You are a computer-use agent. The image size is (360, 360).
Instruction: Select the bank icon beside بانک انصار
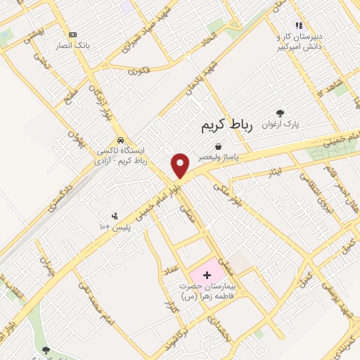pyautogui.click(x=72, y=34)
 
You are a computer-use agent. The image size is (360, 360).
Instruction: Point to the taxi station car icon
pyautogui.click(x=122, y=139)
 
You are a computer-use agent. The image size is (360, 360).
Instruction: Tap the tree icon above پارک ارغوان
pyautogui.click(x=281, y=112)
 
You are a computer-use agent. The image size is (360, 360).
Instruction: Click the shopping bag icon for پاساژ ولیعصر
pyautogui.click(x=218, y=147)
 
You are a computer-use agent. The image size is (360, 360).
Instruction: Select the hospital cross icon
pyautogui.click(x=207, y=274)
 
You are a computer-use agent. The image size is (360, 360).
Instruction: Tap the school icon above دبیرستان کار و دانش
pyautogui.click(x=299, y=25)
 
